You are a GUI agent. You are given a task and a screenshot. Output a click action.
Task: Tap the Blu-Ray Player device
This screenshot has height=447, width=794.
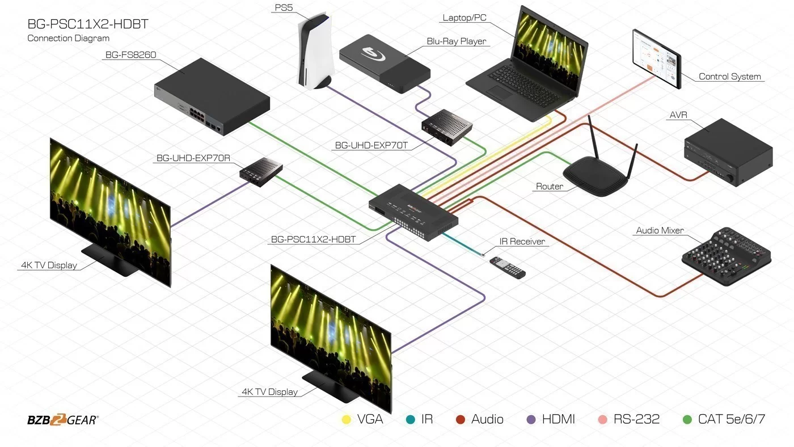(x=385, y=63)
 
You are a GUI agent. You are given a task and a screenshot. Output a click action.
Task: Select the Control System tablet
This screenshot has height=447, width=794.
(x=657, y=59)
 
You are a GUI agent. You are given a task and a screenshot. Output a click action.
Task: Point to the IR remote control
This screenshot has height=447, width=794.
(x=508, y=268)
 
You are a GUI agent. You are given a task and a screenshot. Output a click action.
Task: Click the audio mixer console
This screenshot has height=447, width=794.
(x=727, y=256)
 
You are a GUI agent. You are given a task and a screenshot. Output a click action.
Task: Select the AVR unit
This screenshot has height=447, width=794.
(x=728, y=153)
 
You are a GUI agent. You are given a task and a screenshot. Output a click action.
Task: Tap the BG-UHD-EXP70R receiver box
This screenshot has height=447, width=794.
(x=261, y=172)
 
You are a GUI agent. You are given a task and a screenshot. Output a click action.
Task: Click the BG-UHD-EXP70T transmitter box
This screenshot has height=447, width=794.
(x=447, y=127)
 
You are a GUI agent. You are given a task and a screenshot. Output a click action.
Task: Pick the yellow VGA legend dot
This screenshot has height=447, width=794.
(x=347, y=420)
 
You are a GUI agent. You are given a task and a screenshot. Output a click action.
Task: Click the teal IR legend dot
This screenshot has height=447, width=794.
(x=411, y=420)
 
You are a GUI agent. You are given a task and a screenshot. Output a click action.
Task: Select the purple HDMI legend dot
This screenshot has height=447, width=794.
(x=531, y=420)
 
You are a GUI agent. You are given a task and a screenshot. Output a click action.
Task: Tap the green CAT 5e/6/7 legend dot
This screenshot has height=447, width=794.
(x=687, y=420)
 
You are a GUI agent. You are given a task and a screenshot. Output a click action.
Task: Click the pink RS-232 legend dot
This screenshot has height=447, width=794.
(x=602, y=420)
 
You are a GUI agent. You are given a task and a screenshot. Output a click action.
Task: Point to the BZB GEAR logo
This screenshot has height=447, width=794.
(x=63, y=420)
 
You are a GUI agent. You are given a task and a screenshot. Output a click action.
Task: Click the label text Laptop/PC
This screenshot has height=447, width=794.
(x=464, y=18)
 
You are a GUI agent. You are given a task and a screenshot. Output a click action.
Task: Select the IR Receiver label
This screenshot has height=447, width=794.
(x=522, y=242)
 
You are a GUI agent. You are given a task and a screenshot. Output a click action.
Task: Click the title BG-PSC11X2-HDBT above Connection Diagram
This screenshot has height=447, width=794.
(x=88, y=24)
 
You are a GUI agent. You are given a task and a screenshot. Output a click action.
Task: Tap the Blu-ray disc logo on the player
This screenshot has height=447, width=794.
(x=373, y=53)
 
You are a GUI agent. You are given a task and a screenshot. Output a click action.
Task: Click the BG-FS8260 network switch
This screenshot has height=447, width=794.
(x=212, y=96)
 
